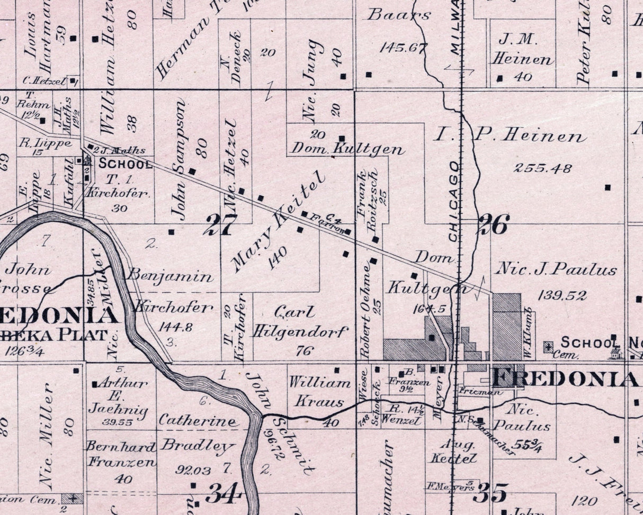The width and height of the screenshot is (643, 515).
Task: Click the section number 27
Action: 220,225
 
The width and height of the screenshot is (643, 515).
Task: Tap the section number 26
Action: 493,224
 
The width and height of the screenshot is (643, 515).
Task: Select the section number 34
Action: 224,493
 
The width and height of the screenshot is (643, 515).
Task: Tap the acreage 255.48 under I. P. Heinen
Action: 543,168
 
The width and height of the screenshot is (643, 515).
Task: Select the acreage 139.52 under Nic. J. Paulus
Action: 562,295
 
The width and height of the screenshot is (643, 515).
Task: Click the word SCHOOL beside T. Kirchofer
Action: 125,164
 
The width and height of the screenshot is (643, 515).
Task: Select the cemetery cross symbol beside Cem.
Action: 549,347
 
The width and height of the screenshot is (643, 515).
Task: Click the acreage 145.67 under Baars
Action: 403,48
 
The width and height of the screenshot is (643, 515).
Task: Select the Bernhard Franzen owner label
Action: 121,454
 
